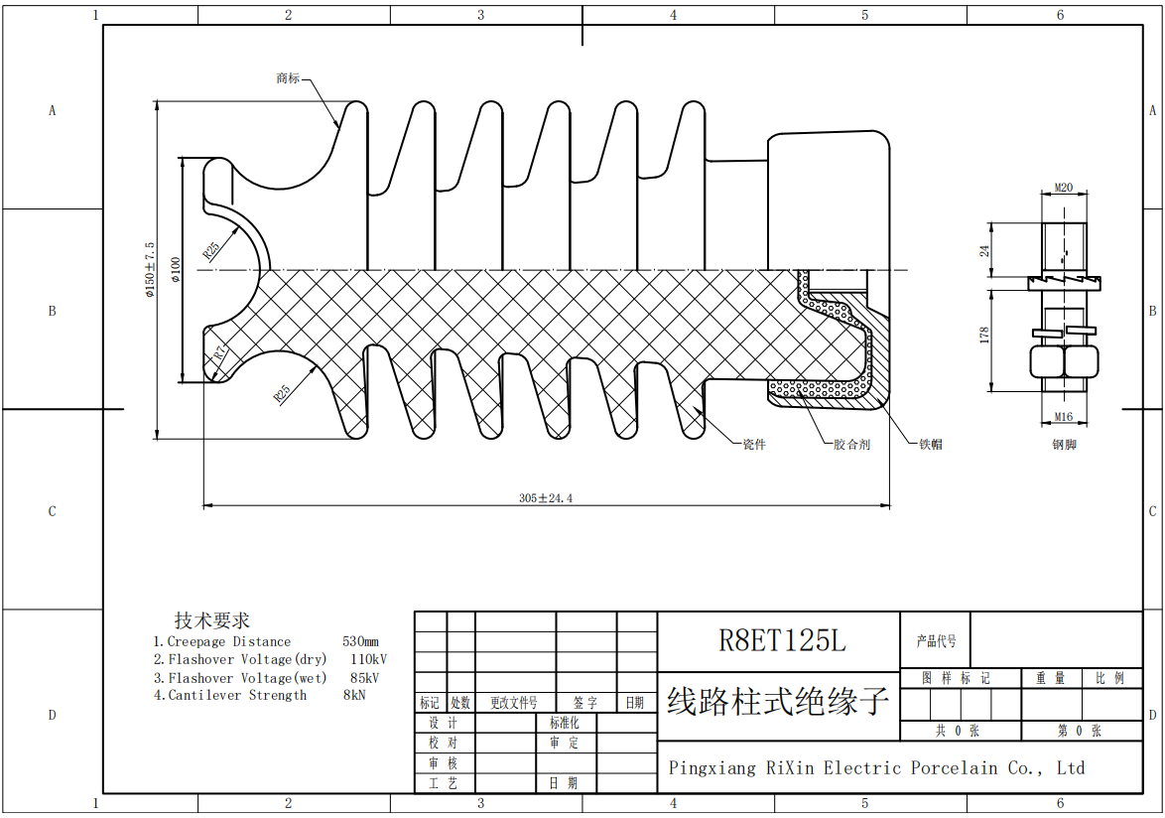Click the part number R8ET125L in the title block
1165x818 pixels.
click(782, 641)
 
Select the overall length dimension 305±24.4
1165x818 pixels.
click(546, 498)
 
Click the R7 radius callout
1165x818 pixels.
click(220, 351)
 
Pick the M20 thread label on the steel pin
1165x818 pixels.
click(1064, 187)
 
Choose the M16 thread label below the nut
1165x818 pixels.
click(1064, 417)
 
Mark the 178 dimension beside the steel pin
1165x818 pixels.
click(984, 335)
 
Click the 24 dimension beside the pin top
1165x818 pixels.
click(984, 250)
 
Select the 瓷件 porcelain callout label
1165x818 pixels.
click(754, 445)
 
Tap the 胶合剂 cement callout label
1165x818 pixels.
click(851, 445)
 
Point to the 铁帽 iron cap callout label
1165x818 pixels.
click(931, 445)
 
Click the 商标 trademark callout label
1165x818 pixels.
click(288, 78)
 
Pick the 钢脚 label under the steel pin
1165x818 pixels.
click(1064, 445)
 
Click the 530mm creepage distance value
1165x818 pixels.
click(360, 642)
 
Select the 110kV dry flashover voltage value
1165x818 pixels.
click(368, 659)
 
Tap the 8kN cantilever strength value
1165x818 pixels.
click(354, 696)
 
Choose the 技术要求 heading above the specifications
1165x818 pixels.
click(212, 621)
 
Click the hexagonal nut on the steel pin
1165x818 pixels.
click(1064, 361)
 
